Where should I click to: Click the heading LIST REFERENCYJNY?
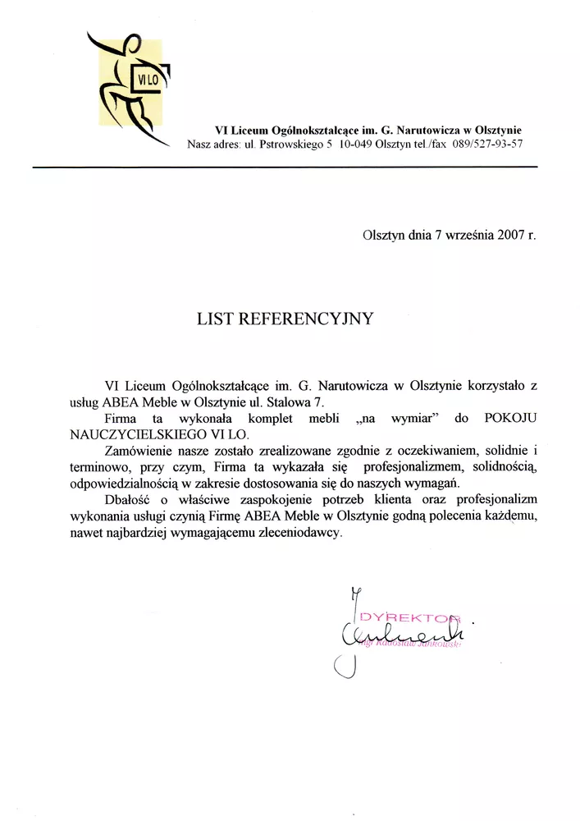point(285,319)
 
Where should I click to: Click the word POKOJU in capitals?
point(510,419)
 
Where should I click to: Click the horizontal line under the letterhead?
point(284,167)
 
